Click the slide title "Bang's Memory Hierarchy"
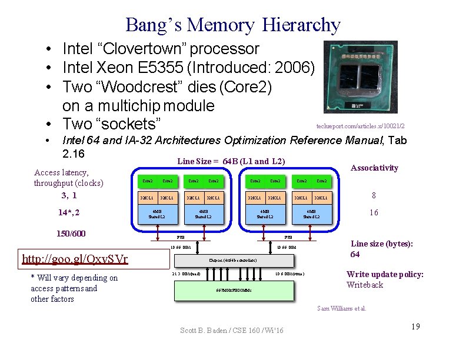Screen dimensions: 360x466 [232, 25]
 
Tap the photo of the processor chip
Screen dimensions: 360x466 [361, 76]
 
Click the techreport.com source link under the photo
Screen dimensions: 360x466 [361, 126]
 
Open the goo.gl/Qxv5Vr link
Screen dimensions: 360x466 [75, 259]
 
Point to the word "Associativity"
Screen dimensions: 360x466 [374, 168]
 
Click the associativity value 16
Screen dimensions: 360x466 [374, 213]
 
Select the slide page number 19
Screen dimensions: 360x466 [415, 326]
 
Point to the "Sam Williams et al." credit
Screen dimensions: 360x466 [341, 308]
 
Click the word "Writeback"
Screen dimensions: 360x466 [365, 285]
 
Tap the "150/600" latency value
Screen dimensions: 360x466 [71, 234]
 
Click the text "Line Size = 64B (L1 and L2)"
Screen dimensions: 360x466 [231, 161]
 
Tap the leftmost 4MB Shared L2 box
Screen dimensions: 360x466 [155, 214]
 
